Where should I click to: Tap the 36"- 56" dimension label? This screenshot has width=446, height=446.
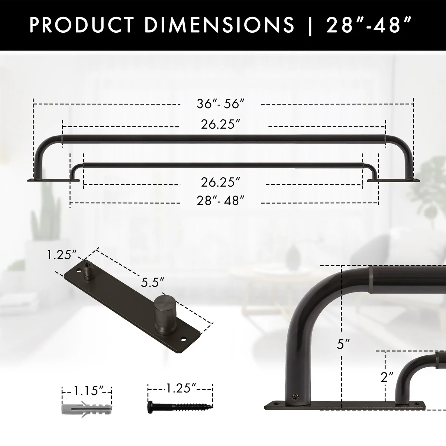coord(220,104)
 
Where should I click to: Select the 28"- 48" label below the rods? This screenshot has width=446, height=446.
coord(220,200)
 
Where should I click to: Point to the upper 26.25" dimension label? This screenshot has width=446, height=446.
coord(220,125)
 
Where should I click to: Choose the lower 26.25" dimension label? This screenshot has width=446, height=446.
coord(220,182)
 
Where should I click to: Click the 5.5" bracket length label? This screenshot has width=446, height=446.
coord(153,282)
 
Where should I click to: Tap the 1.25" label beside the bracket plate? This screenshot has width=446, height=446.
coord(62,255)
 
